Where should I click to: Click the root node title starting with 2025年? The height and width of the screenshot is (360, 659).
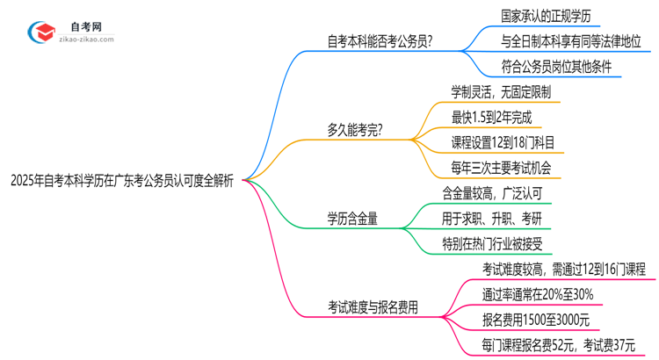click(x=122, y=182)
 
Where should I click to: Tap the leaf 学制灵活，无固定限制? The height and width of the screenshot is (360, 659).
click(x=501, y=92)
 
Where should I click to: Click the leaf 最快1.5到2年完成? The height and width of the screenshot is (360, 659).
click(x=491, y=117)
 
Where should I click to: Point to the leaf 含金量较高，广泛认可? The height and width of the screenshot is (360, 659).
click(x=497, y=192)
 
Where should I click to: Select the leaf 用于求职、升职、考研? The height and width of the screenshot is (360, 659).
click(x=496, y=217)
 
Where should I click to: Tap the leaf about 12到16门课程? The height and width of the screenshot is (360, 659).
click(x=563, y=268)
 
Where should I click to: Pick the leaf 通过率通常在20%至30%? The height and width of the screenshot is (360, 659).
click(x=537, y=294)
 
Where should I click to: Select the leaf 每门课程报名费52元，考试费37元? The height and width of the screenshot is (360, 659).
click(x=558, y=345)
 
